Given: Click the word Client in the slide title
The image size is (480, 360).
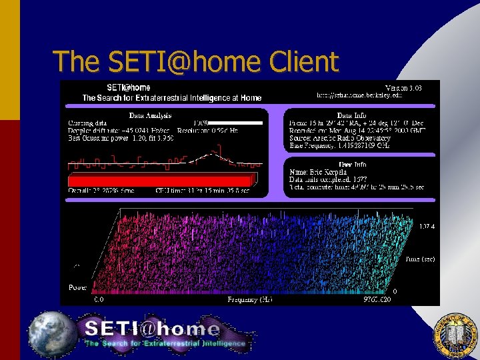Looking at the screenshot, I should coord(305,62).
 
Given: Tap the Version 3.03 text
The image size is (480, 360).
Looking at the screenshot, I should coord(404,87).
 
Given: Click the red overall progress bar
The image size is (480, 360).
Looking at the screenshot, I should coord(161,180).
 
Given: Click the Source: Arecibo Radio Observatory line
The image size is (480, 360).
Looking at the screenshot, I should coord(339,138).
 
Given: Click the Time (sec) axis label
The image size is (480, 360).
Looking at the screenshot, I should coord(419,259).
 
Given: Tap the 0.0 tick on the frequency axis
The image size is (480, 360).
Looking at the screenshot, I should coord(99,300).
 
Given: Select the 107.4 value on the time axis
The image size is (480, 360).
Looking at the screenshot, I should coord(428,227).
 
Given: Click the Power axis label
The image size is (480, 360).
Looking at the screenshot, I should coord(77,287).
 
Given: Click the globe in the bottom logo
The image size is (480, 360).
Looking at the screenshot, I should coord(53,333).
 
